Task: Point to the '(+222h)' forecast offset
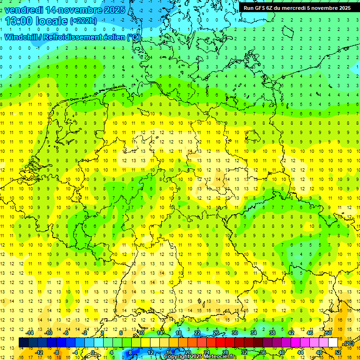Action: pyautogui.click(x=83, y=21)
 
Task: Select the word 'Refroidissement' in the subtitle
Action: pyautogui.click(x=80, y=37)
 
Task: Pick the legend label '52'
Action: pyautogui.click(x=338, y=352)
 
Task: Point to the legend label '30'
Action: pyautogui.click(x=235, y=333)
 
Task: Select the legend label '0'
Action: pyautogui.click(x=93, y=352)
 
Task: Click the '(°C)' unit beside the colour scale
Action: pyautogui.click(x=349, y=343)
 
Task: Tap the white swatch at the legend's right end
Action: pyautogui.click(x=333, y=343)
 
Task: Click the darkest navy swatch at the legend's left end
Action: pyautogui.click(x=23, y=343)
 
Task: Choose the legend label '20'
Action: pyautogui.click(x=187, y=352)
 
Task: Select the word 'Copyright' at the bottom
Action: pyautogui.click(x=178, y=357)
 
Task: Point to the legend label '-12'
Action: pyautogui.click(x=39, y=352)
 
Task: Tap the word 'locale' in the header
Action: pyautogui.click(x=54, y=21)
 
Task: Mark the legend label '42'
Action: pyautogui.click(x=291, y=333)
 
